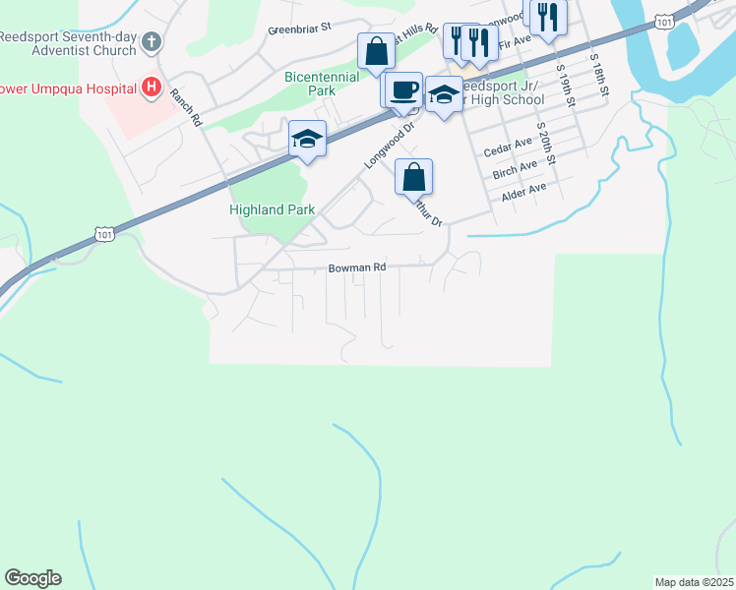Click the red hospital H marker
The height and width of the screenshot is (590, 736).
tap(151, 88)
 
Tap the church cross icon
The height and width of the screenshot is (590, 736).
tap(151, 41)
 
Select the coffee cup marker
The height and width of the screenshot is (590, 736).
tap(403, 90)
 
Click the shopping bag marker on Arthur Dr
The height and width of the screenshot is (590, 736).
tap(414, 178)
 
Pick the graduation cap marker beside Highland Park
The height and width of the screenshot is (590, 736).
tap(307, 140)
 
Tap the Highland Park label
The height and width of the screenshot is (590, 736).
tap(272, 209)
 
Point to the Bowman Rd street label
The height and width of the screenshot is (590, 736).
tap(357, 266)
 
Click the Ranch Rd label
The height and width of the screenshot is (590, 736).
tap(186, 107)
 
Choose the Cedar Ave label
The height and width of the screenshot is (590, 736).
tap(509, 150)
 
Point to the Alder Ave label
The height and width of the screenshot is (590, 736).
tap(523, 193)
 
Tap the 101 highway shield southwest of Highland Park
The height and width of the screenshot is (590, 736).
tap(105, 233)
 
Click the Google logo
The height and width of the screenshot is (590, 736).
tap(32, 578)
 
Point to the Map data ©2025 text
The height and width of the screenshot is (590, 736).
tap(694, 582)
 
